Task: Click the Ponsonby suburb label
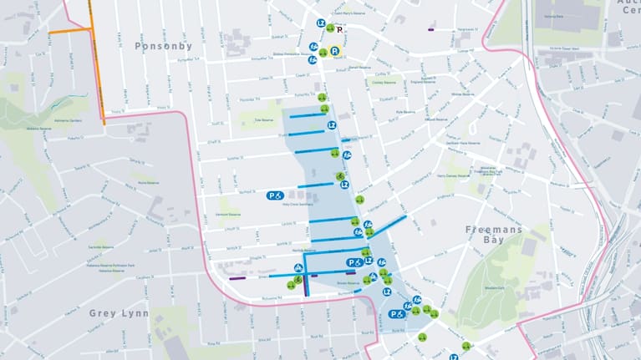coord(164,46)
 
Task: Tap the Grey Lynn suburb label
coord(120,313)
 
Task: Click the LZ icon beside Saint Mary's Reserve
coord(320,23)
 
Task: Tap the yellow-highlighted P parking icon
coord(334,51)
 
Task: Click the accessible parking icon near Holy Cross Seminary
coord(275,195)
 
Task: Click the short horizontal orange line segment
coord(69,31)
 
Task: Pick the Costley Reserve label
coord(383,83)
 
